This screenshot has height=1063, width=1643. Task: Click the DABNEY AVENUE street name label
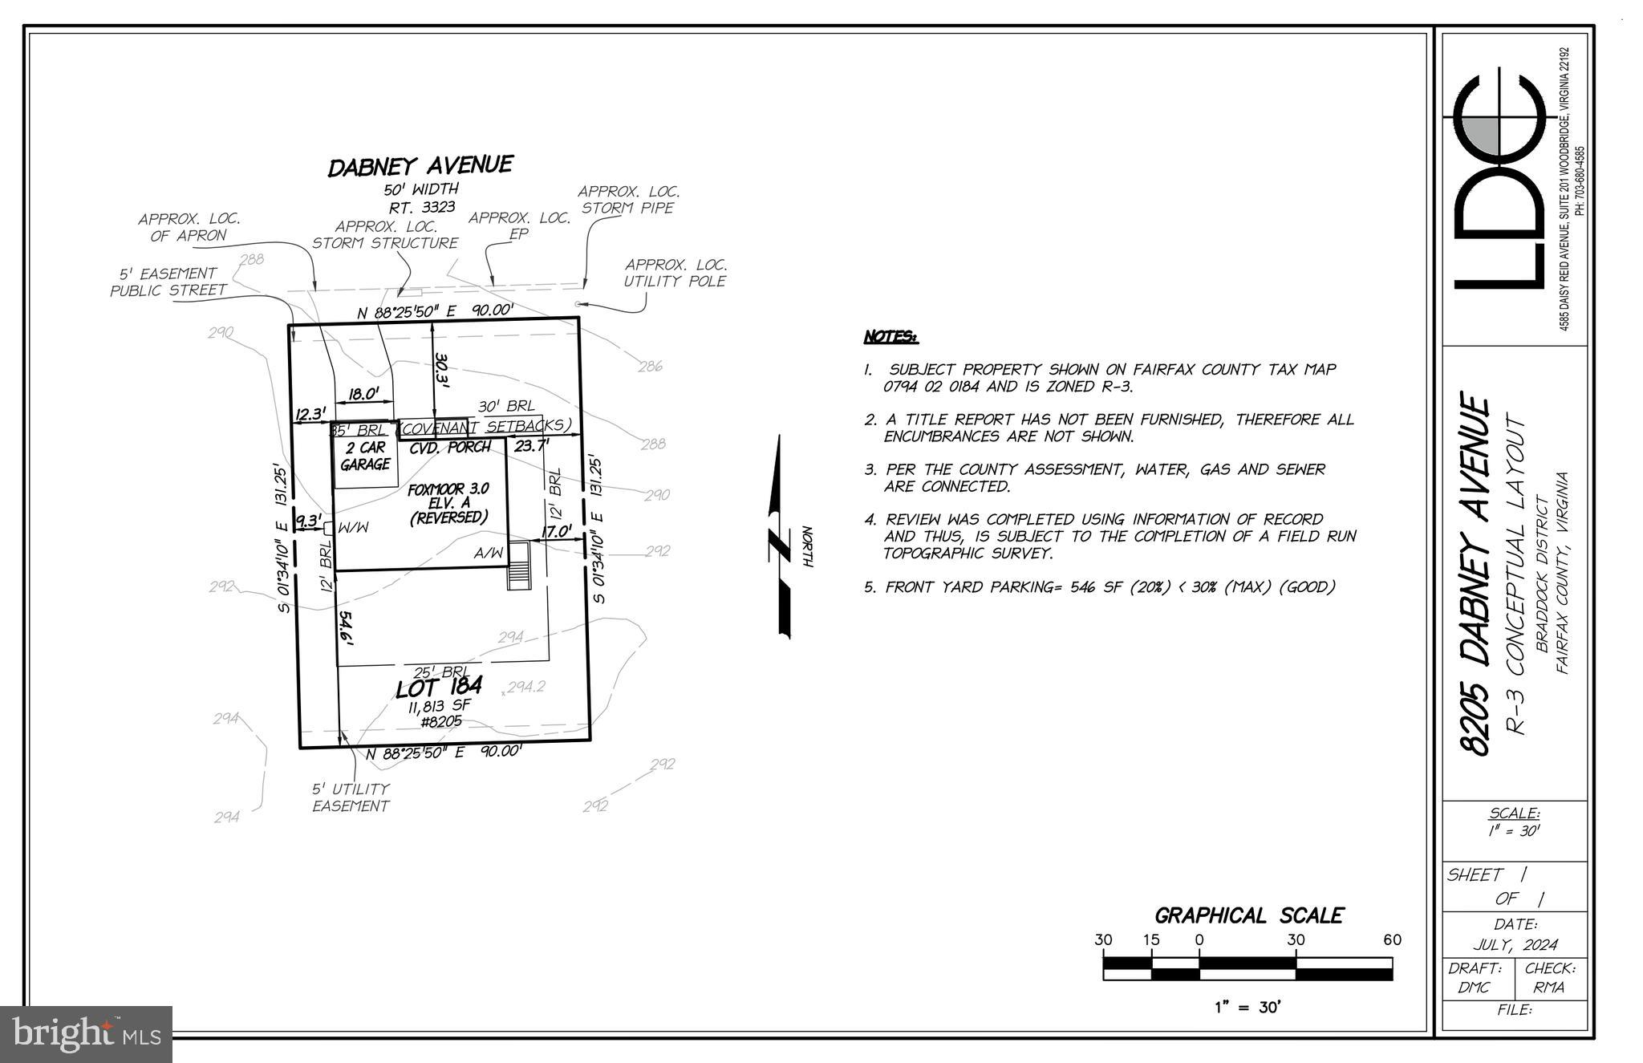[420, 166]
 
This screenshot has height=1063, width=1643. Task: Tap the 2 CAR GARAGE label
[365, 456]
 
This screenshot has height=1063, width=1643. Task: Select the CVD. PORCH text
[449, 448]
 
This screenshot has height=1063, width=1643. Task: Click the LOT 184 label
[438, 688]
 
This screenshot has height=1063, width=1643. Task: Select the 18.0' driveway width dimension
[363, 394]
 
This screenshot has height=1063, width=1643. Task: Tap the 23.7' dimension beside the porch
[531, 445]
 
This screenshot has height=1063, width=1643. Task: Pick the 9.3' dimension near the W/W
[308, 521]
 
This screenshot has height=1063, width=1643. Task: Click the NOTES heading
[890, 337]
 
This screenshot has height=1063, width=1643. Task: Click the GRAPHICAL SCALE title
[1248, 915]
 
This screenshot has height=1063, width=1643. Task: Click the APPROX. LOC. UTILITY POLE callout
[675, 273]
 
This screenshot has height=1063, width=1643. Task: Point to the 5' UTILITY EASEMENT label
[351, 797]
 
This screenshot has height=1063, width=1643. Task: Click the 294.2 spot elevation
[525, 687]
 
